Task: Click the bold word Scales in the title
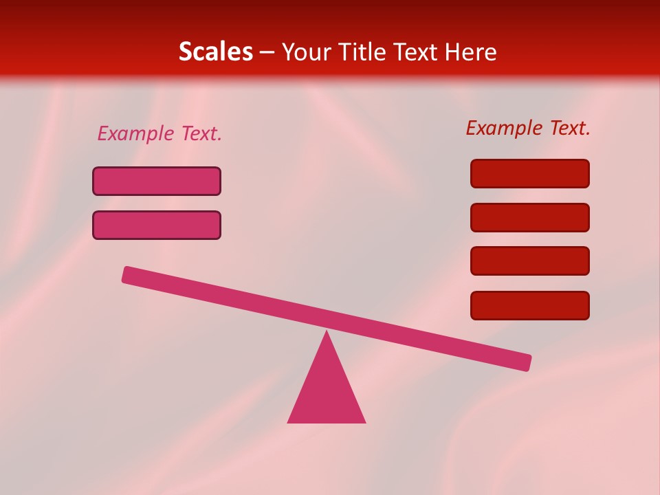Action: tap(215, 52)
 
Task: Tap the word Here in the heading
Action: tap(471, 52)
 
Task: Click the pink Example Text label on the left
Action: tap(159, 133)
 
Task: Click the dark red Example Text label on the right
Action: tap(528, 128)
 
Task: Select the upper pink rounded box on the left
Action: tap(157, 181)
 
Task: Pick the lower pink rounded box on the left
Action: tap(157, 225)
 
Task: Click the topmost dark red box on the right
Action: tap(530, 173)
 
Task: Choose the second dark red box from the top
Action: tap(530, 217)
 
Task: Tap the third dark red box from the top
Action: tap(530, 261)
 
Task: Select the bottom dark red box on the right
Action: tap(530, 305)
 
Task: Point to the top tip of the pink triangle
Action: tap(327, 333)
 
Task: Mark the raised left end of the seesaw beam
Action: tap(127, 274)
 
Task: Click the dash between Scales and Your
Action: tap(267, 52)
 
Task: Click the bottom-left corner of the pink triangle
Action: tap(289, 421)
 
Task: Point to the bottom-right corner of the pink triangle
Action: tap(364, 421)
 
